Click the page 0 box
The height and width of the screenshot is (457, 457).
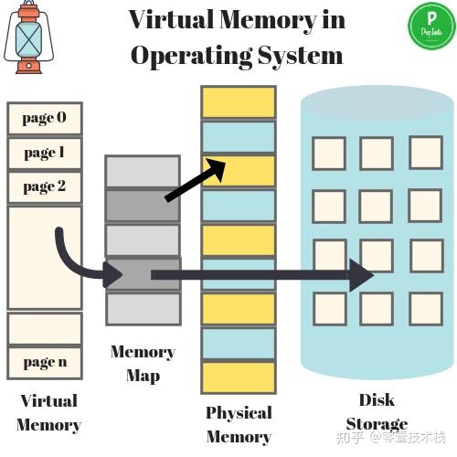(x=45, y=118)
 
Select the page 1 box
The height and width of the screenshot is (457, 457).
(x=45, y=153)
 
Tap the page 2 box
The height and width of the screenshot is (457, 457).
(x=45, y=187)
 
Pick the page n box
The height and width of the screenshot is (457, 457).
(x=45, y=363)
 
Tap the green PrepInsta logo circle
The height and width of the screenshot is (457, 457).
(x=431, y=26)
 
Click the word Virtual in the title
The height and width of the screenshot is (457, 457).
(x=171, y=19)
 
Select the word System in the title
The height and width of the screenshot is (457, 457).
(x=300, y=56)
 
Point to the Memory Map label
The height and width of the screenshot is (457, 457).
(x=143, y=364)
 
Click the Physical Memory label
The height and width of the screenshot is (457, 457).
(x=239, y=424)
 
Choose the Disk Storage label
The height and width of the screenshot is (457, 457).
(x=377, y=411)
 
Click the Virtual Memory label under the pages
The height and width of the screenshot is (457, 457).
(x=48, y=413)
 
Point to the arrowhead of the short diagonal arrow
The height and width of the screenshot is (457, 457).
(x=217, y=168)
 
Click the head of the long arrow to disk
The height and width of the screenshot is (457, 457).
(x=361, y=275)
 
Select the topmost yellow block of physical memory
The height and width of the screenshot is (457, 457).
(x=239, y=102)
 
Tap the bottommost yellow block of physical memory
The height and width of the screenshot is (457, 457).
(x=239, y=377)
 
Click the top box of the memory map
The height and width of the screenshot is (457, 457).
(x=143, y=171)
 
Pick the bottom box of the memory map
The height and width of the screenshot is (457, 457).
(x=143, y=309)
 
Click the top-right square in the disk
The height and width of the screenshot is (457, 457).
(x=426, y=153)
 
